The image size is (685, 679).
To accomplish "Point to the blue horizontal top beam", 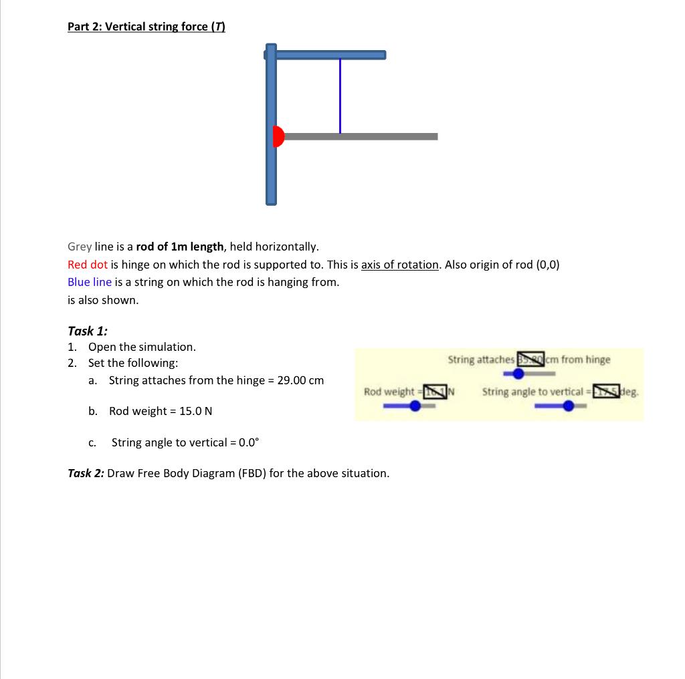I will (330, 55).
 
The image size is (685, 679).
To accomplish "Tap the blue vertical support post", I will (271, 174).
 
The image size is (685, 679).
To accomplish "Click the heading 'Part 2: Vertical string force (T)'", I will (146, 27).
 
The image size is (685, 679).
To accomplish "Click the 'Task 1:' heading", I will (88, 331).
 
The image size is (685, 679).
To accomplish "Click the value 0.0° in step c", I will (245, 442).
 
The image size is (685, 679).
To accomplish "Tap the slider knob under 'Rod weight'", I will (415, 406).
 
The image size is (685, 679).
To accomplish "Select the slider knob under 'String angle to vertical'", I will (569, 406).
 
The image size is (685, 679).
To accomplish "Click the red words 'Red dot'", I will (88, 264).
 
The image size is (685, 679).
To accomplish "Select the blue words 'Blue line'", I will (90, 282).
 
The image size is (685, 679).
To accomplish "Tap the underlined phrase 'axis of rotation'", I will (400, 264).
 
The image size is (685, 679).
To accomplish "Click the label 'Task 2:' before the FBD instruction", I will (86, 473).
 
